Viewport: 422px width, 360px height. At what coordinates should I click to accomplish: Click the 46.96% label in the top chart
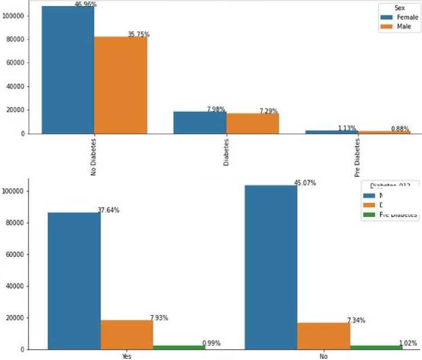click(85, 4)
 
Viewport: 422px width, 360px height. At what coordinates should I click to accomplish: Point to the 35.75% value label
click(139, 35)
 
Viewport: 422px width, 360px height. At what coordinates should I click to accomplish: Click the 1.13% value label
click(346, 128)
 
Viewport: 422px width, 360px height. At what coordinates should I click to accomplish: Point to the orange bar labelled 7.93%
click(127, 334)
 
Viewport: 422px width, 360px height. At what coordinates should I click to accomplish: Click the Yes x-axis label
click(127, 356)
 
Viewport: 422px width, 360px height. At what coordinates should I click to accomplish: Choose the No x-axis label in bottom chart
click(323, 356)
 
